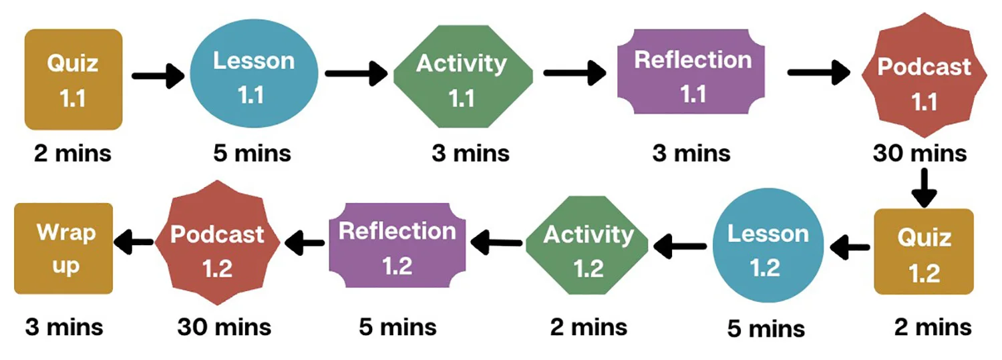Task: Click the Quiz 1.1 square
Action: tap(73, 79)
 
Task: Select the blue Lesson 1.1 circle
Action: tap(253, 78)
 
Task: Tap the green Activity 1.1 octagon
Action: tap(463, 79)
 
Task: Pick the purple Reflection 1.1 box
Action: tap(692, 76)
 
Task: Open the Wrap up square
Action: tap(64, 248)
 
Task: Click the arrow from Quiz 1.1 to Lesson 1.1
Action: tap(158, 75)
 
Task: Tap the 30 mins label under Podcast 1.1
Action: tap(919, 154)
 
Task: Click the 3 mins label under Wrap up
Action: tap(64, 327)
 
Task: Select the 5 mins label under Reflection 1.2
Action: tap(397, 327)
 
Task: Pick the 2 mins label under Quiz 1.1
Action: tap(73, 154)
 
